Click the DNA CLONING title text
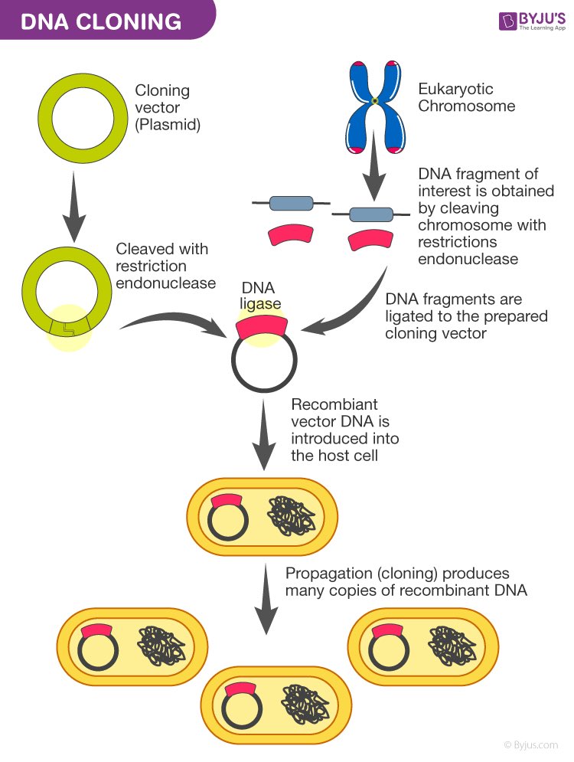click(101, 22)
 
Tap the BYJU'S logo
click(532, 21)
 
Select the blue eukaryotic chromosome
click(375, 107)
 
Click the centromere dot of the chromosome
click(375, 100)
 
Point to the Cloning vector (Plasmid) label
click(168, 107)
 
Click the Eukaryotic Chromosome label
click(466, 97)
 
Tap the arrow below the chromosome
click(373, 165)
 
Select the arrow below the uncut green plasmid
click(73, 206)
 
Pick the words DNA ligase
click(259, 296)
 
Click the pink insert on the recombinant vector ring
click(261, 326)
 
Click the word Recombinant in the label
click(334, 404)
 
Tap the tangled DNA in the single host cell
click(291, 516)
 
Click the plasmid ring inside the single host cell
click(228, 520)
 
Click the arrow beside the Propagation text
click(266, 599)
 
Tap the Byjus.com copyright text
click(531, 745)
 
